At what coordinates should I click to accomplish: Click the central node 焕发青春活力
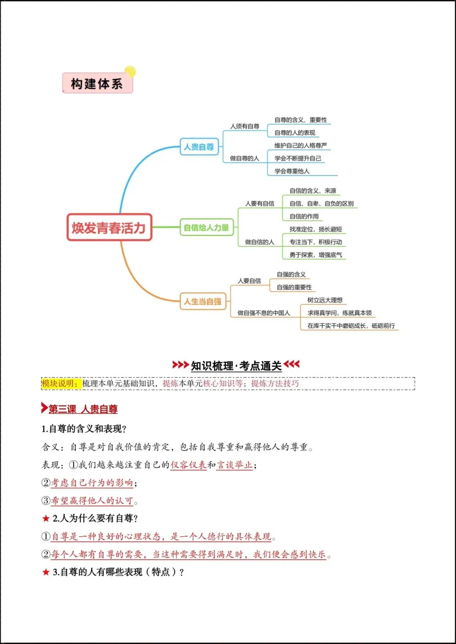pos(109,228)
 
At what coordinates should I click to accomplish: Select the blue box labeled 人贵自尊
pos(199,147)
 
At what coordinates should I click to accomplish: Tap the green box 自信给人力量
pos(206,228)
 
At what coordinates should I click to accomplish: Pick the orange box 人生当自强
pos(203,301)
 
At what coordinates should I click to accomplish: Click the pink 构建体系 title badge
pos(97,83)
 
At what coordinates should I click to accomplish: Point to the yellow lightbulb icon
pos(130,72)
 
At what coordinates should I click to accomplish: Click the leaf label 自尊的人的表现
pos(295,133)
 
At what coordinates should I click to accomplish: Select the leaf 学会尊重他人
pos(292,171)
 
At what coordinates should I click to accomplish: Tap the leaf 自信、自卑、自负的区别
pos(321,204)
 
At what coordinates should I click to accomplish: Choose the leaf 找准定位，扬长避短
pos(315,229)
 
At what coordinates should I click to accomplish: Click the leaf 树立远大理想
pos(325,300)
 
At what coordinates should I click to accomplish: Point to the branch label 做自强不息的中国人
pos(263,313)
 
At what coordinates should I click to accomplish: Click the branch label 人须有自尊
pos(244,126)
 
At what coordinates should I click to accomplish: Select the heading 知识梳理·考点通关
pos(236,365)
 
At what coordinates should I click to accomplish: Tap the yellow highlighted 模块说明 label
pos(59,384)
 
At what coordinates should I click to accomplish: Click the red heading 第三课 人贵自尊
pos(83,409)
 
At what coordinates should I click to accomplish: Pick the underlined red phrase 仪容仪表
pos(188,465)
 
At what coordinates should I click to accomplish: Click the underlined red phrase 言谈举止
pos(235,465)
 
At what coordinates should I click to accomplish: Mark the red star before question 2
pos(46,518)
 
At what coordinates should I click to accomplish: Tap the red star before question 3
pos(46,572)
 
